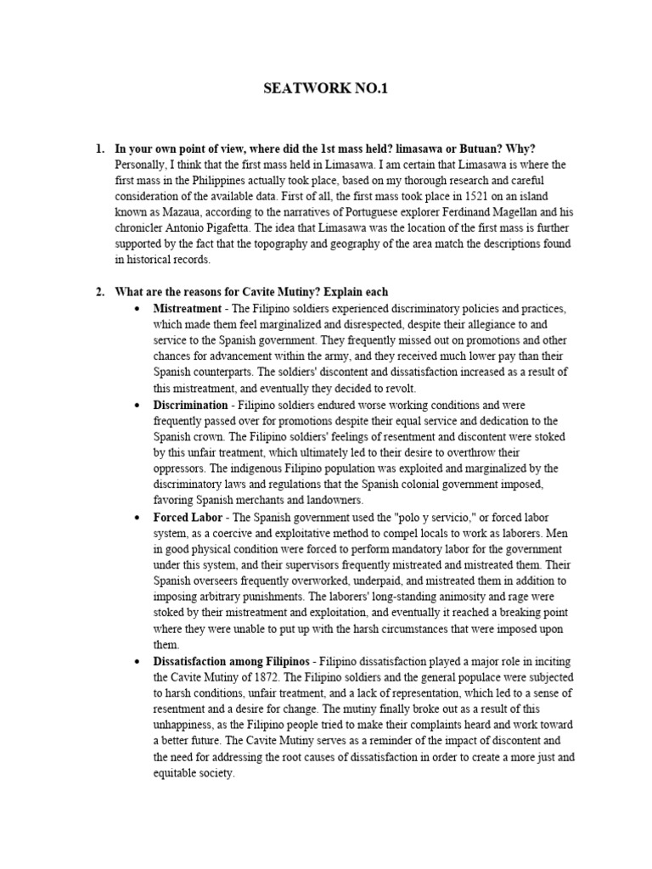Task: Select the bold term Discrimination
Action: click(190, 405)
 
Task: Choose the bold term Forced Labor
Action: click(188, 516)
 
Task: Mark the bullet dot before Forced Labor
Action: click(137, 517)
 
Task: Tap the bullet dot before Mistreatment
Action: click(137, 310)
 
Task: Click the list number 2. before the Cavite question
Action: click(99, 293)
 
